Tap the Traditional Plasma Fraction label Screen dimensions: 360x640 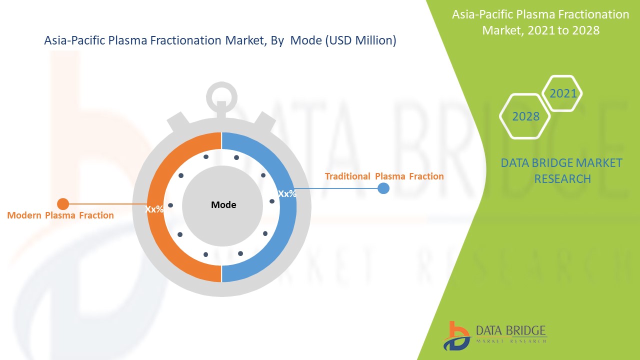pyautogui.click(x=384, y=176)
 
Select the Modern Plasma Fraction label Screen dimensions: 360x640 pyautogui.click(x=60, y=215)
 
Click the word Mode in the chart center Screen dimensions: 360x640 pyautogui.click(x=223, y=205)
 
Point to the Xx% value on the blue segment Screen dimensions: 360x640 pyautogui.click(x=287, y=194)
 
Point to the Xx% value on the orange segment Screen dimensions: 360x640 pyautogui.click(x=154, y=209)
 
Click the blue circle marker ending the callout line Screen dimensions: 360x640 pyautogui.click(x=383, y=188)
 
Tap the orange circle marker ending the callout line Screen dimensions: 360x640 pyautogui.click(x=63, y=204)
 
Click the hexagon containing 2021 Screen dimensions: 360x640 pyautogui.click(x=563, y=93)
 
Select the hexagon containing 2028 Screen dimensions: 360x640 pyautogui.click(x=525, y=116)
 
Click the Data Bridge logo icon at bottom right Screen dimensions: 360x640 pyautogui.click(x=455, y=335)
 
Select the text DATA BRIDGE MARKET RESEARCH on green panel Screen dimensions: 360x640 pyautogui.click(x=562, y=170)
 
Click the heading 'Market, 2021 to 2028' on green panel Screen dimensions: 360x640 pyautogui.click(x=540, y=30)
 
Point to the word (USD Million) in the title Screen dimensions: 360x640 pyautogui.click(x=360, y=41)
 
